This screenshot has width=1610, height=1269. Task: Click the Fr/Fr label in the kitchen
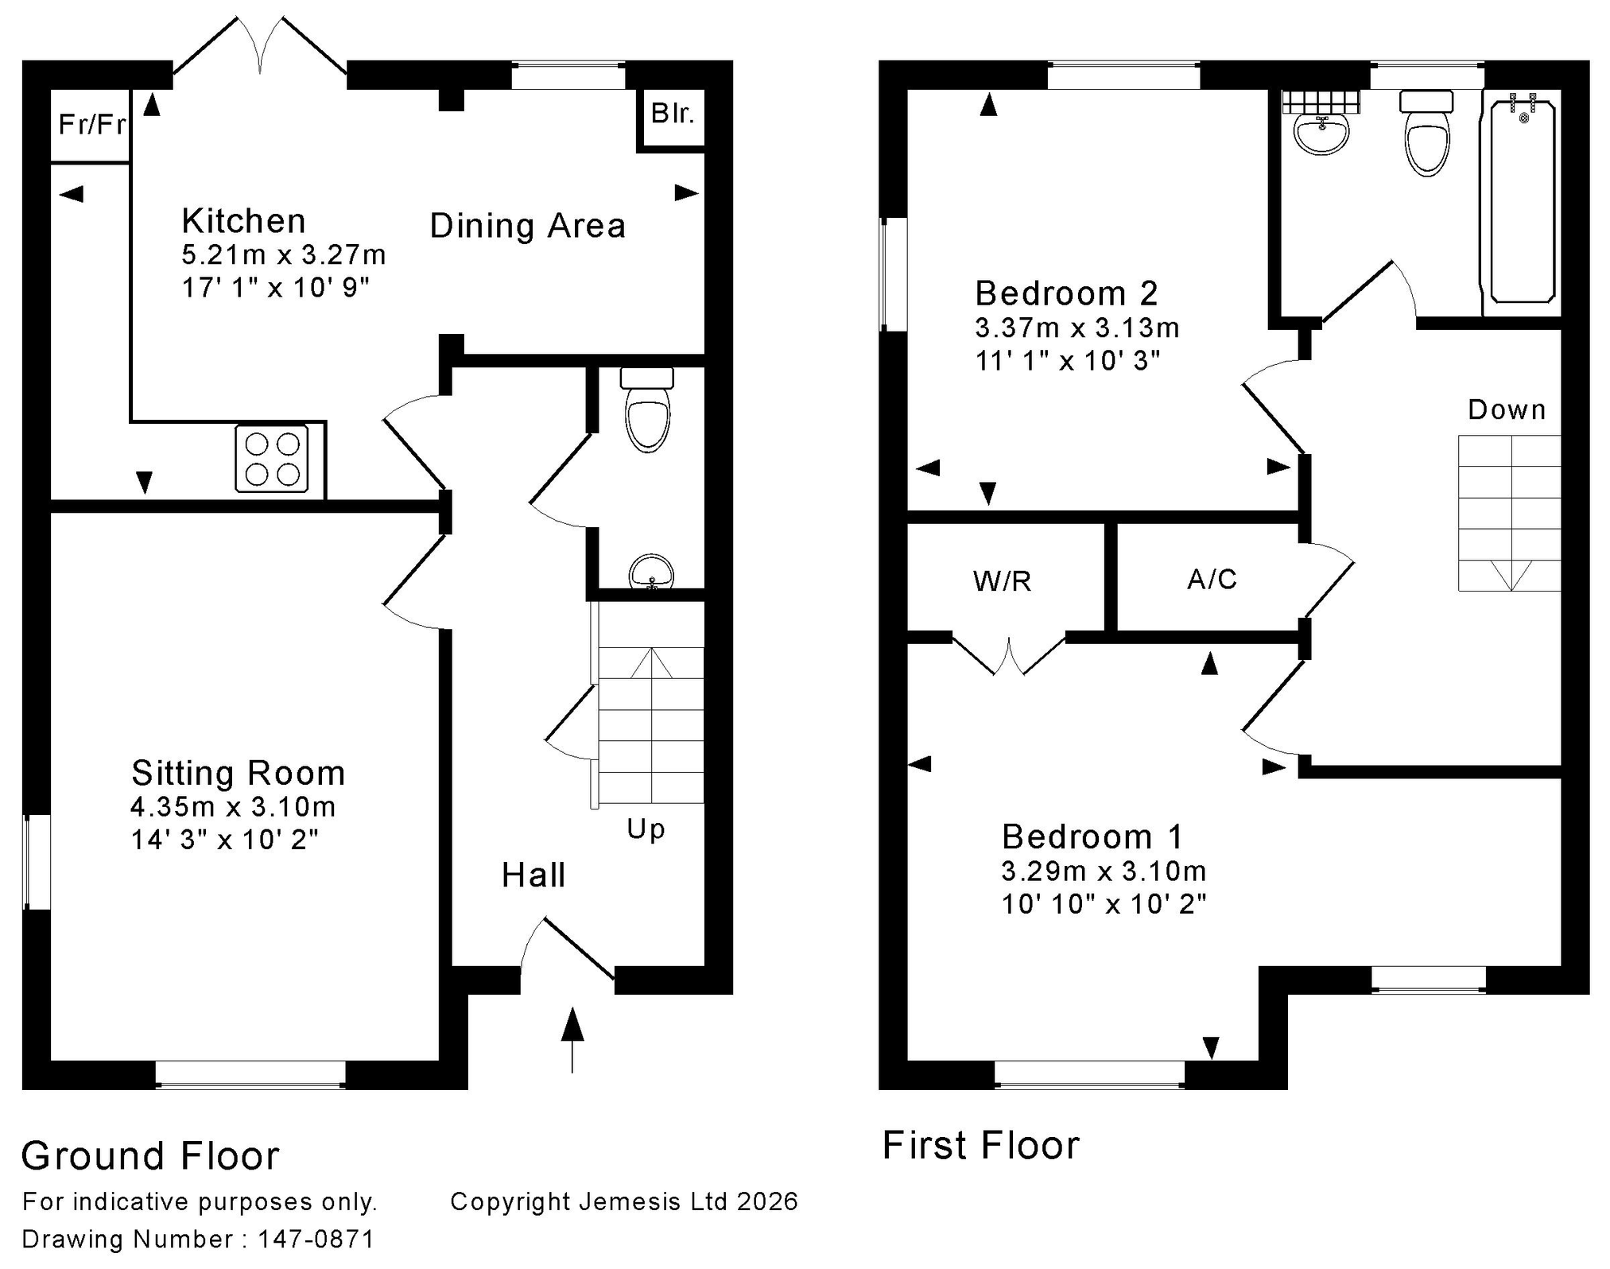[x=92, y=125]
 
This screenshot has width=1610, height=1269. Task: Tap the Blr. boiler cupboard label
[x=673, y=114]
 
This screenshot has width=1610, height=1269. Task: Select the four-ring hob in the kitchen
[x=271, y=459]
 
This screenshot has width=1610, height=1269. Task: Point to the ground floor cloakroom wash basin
[x=651, y=572]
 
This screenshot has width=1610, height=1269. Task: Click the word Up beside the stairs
[x=646, y=829]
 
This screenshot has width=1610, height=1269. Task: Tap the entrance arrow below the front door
[x=572, y=1040]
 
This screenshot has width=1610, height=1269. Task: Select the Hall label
[x=533, y=875]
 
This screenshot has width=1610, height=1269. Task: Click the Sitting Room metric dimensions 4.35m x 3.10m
[x=233, y=807]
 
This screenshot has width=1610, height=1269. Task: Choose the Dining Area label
[x=528, y=226]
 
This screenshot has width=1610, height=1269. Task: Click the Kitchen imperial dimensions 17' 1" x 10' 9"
[x=276, y=287]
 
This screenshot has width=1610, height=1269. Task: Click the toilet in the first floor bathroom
[x=1427, y=133]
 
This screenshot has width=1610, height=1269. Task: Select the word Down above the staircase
[x=1507, y=410]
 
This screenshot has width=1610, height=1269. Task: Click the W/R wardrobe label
[x=1002, y=582]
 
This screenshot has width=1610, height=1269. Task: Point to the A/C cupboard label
[x=1212, y=580]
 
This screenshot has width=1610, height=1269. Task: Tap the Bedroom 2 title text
[x=1066, y=293]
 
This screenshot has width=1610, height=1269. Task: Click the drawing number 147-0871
[x=316, y=1239]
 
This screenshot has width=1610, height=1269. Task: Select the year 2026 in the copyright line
[x=767, y=1201]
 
